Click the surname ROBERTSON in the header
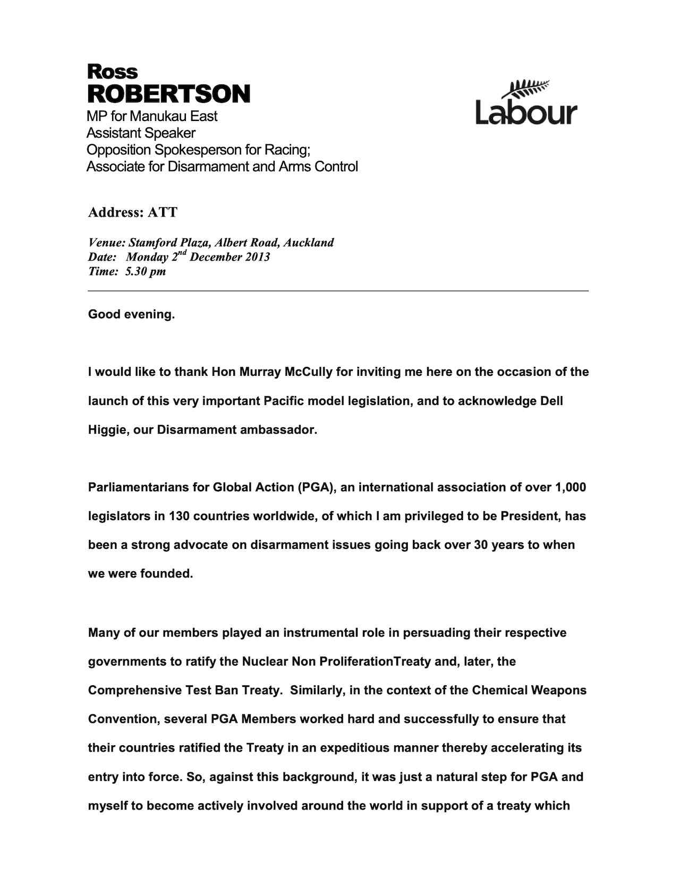168,94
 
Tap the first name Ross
112,71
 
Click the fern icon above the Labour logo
529,88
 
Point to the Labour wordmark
526,112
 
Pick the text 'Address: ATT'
133,212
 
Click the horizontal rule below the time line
338,291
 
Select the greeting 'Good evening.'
131,314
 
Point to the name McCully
309,372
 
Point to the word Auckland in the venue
309,243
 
